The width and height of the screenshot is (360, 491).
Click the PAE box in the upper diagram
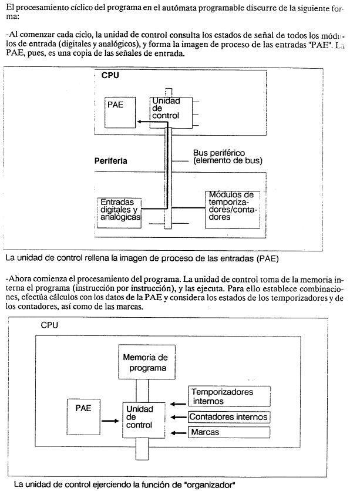click(120, 112)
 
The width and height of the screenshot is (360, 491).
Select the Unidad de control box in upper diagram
click(171, 112)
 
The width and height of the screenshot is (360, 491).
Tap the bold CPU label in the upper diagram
click(110, 75)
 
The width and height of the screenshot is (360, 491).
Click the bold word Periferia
click(111, 161)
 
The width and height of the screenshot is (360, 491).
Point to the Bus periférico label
click(228, 157)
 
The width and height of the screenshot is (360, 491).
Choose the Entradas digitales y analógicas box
click(119, 213)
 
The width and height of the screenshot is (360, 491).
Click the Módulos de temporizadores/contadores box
click(233, 210)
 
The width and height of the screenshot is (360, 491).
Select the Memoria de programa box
click(147, 362)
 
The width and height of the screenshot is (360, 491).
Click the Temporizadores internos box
click(229, 396)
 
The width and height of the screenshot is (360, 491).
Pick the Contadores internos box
click(229, 417)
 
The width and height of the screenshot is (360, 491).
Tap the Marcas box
click(229, 432)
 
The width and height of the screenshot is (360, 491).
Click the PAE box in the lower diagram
click(83, 417)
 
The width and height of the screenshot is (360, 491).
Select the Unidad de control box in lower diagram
click(143, 420)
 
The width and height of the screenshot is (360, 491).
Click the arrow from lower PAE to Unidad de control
click(110, 421)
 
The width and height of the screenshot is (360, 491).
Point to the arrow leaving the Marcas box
click(179, 433)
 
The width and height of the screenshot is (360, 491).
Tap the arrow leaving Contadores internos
click(179, 418)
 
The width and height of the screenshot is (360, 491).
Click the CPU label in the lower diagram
click(49, 325)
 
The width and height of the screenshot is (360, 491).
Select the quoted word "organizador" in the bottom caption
click(210, 485)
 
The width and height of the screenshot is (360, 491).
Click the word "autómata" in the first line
click(179, 8)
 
